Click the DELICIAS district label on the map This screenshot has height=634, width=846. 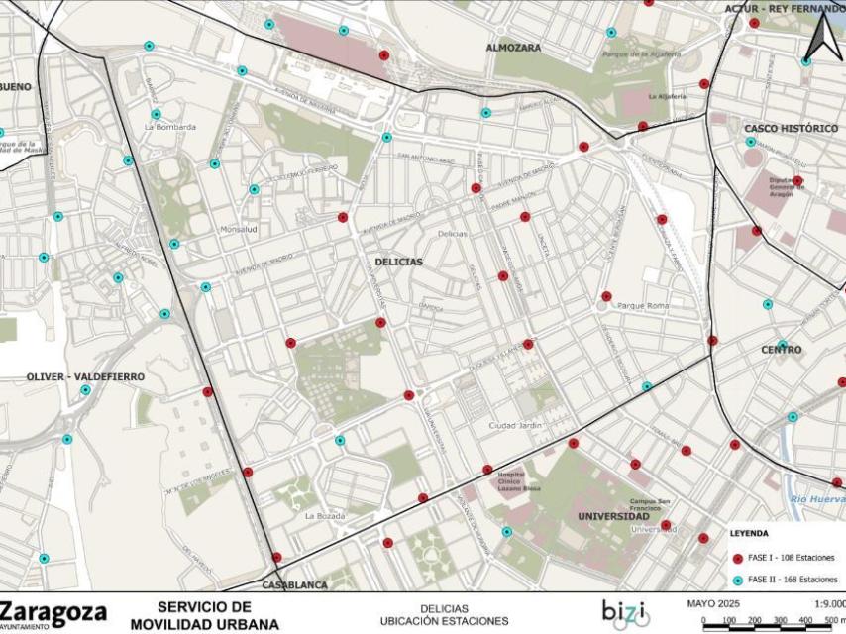coord(398,262)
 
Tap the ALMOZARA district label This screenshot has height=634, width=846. coord(513,47)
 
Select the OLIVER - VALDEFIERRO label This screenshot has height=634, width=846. coord(85,376)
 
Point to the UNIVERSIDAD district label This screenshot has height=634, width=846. coord(614,516)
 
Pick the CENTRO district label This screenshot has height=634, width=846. coord(781,350)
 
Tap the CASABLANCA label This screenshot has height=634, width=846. coord(294,584)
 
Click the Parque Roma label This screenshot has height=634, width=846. coord(643,306)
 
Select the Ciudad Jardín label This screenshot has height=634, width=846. coord(516,426)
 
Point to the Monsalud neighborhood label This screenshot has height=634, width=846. coord(238,229)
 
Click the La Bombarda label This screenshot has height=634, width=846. coord(169,127)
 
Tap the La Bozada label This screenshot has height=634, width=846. coord(324,516)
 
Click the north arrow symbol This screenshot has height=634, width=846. coord(820,39)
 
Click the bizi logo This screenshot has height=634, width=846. coord(625,613)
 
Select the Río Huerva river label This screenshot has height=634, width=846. coord(816,500)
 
